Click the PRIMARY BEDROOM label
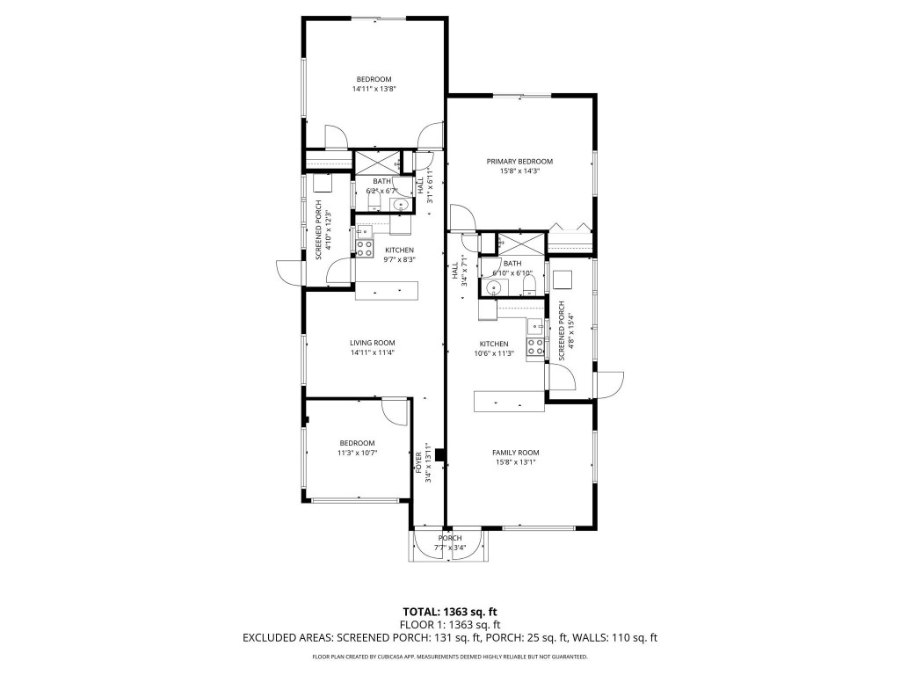(x=520, y=162)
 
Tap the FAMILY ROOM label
(x=514, y=452)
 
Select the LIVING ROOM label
(x=372, y=343)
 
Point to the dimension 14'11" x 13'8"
(x=374, y=89)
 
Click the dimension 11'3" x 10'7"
(x=357, y=453)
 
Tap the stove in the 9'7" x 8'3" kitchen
(x=365, y=247)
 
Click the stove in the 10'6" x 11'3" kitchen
(x=534, y=346)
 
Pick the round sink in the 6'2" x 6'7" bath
(x=401, y=205)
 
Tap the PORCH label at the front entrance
(x=450, y=538)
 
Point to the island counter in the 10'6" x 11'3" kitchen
(x=510, y=402)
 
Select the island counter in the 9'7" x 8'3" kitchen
(x=387, y=290)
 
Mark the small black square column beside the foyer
(x=440, y=455)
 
